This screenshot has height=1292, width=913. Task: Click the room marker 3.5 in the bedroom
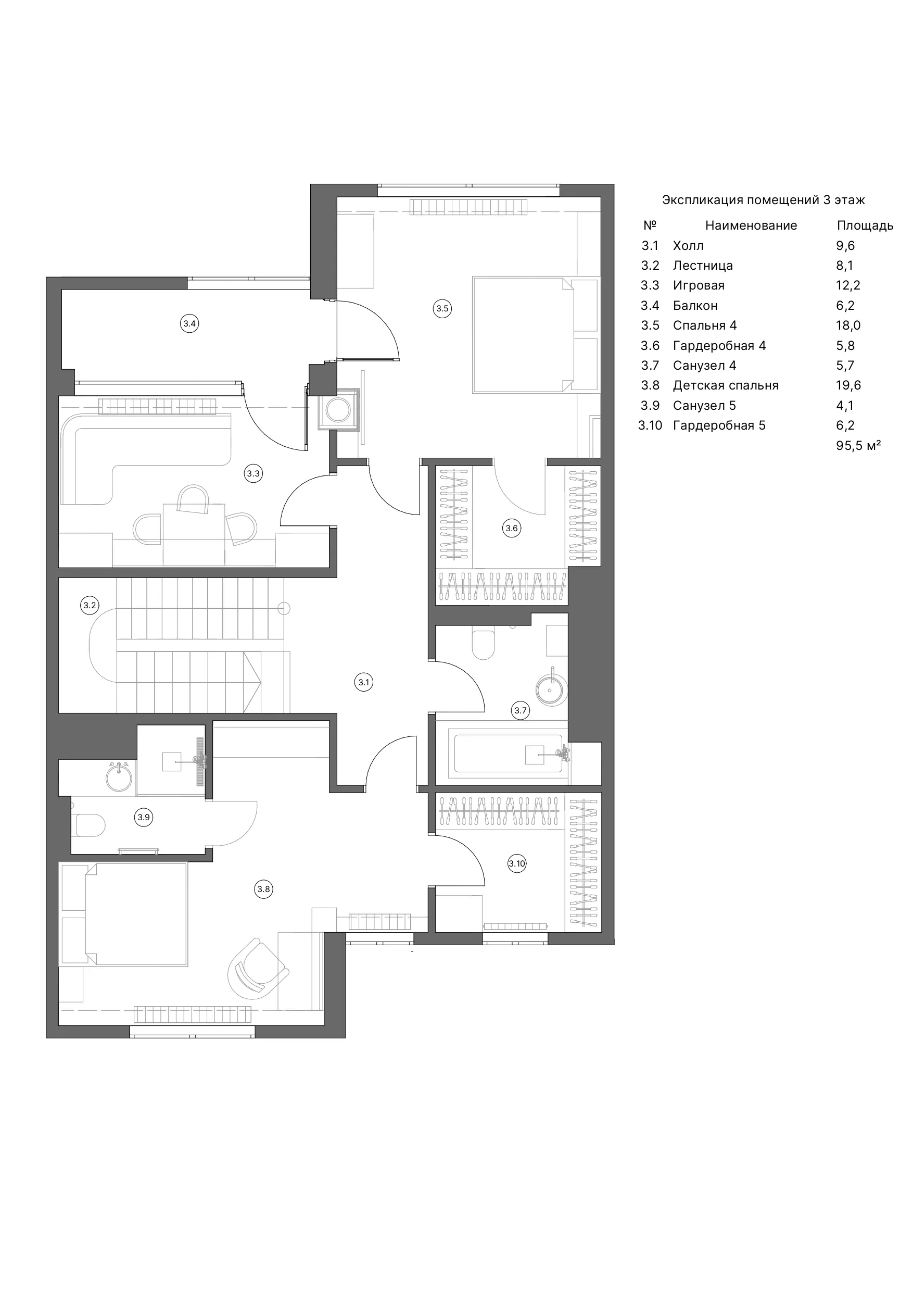(x=442, y=308)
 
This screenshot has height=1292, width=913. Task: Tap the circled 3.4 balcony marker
(x=189, y=323)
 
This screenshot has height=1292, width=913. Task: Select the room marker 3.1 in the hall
(x=364, y=683)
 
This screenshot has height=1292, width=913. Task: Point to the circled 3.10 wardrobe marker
(x=517, y=863)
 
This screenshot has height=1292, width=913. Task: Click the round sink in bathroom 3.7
(x=552, y=688)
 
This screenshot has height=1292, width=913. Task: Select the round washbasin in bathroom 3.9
(x=119, y=776)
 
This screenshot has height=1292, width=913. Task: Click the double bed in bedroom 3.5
(x=523, y=335)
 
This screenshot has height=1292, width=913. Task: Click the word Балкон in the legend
(x=695, y=306)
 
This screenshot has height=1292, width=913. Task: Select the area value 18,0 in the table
(x=848, y=325)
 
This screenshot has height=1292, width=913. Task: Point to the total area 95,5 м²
(x=858, y=446)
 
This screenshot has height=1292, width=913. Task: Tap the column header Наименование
(x=751, y=225)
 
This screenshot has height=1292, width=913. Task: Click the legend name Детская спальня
(x=726, y=385)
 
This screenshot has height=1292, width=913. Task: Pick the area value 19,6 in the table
(x=848, y=385)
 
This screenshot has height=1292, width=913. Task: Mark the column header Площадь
(x=865, y=225)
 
